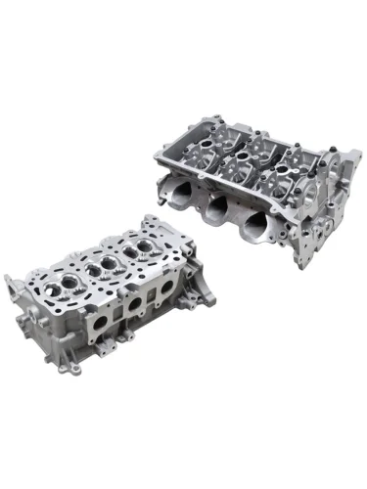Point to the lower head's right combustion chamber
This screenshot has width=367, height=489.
coord(141,247)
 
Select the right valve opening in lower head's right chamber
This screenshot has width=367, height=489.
coord(148,244)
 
